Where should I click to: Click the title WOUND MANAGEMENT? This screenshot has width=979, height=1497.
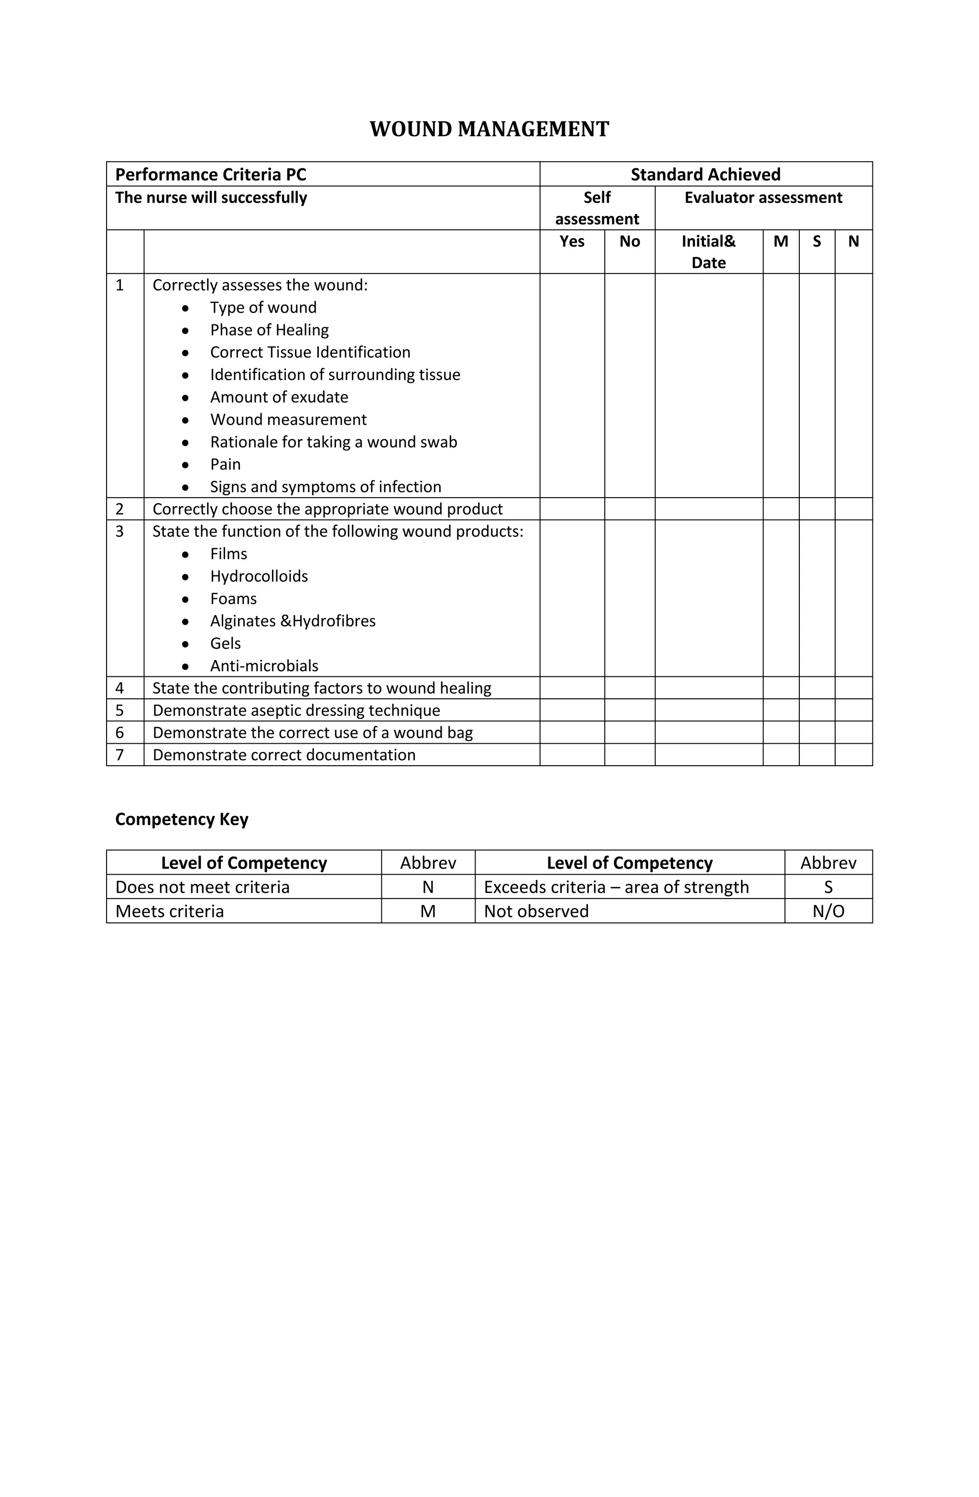pyautogui.click(x=489, y=129)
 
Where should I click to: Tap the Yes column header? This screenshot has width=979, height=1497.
pyautogui.click(x=571, y=241)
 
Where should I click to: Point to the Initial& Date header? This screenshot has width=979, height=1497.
pyautogui.click(x=708, y=251)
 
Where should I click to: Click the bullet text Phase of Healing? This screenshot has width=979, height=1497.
pyautogui.click(x=269, y=330)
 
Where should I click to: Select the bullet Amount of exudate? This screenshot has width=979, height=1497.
pyautogui.click(x=279, y=397)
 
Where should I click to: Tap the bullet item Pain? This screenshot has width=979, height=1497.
pyautogui.click(x=225, y=464)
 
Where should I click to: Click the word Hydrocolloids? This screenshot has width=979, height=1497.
pyautogui.click(x=259, y=576)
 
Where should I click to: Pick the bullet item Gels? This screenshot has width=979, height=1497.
pyautogui.click(x=225, y=643)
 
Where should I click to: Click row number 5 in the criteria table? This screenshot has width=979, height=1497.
pyautogui.click(x=120, y=710)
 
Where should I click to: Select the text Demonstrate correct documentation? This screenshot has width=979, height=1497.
pyautogui.click(x=284, y=755)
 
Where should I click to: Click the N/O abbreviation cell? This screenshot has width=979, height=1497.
pyautogui.click(x=828, y=911)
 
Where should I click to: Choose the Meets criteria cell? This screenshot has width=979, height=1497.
pyautogui.click(x=170, y=911)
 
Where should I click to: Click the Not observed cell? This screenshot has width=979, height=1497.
pyautogui.click(x=536, y=911)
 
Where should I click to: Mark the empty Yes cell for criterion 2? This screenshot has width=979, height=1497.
pyautogui.click(x=571, y=509)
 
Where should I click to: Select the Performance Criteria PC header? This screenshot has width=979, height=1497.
pyautogui.click(x=211, y=174)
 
